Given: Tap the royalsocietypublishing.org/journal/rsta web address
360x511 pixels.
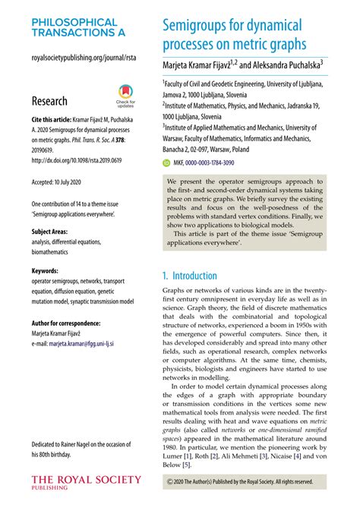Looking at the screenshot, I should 80,58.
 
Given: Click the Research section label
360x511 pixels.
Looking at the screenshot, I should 49,101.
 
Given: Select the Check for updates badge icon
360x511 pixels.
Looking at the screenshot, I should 125,96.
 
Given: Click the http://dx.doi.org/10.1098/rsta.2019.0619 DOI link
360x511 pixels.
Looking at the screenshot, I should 73,160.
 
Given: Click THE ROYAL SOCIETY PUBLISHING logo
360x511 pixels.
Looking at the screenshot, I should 85,481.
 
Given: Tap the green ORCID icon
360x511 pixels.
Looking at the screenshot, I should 166,162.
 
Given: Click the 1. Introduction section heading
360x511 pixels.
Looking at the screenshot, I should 190,276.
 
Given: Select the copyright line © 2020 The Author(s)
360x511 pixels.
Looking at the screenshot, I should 239,481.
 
